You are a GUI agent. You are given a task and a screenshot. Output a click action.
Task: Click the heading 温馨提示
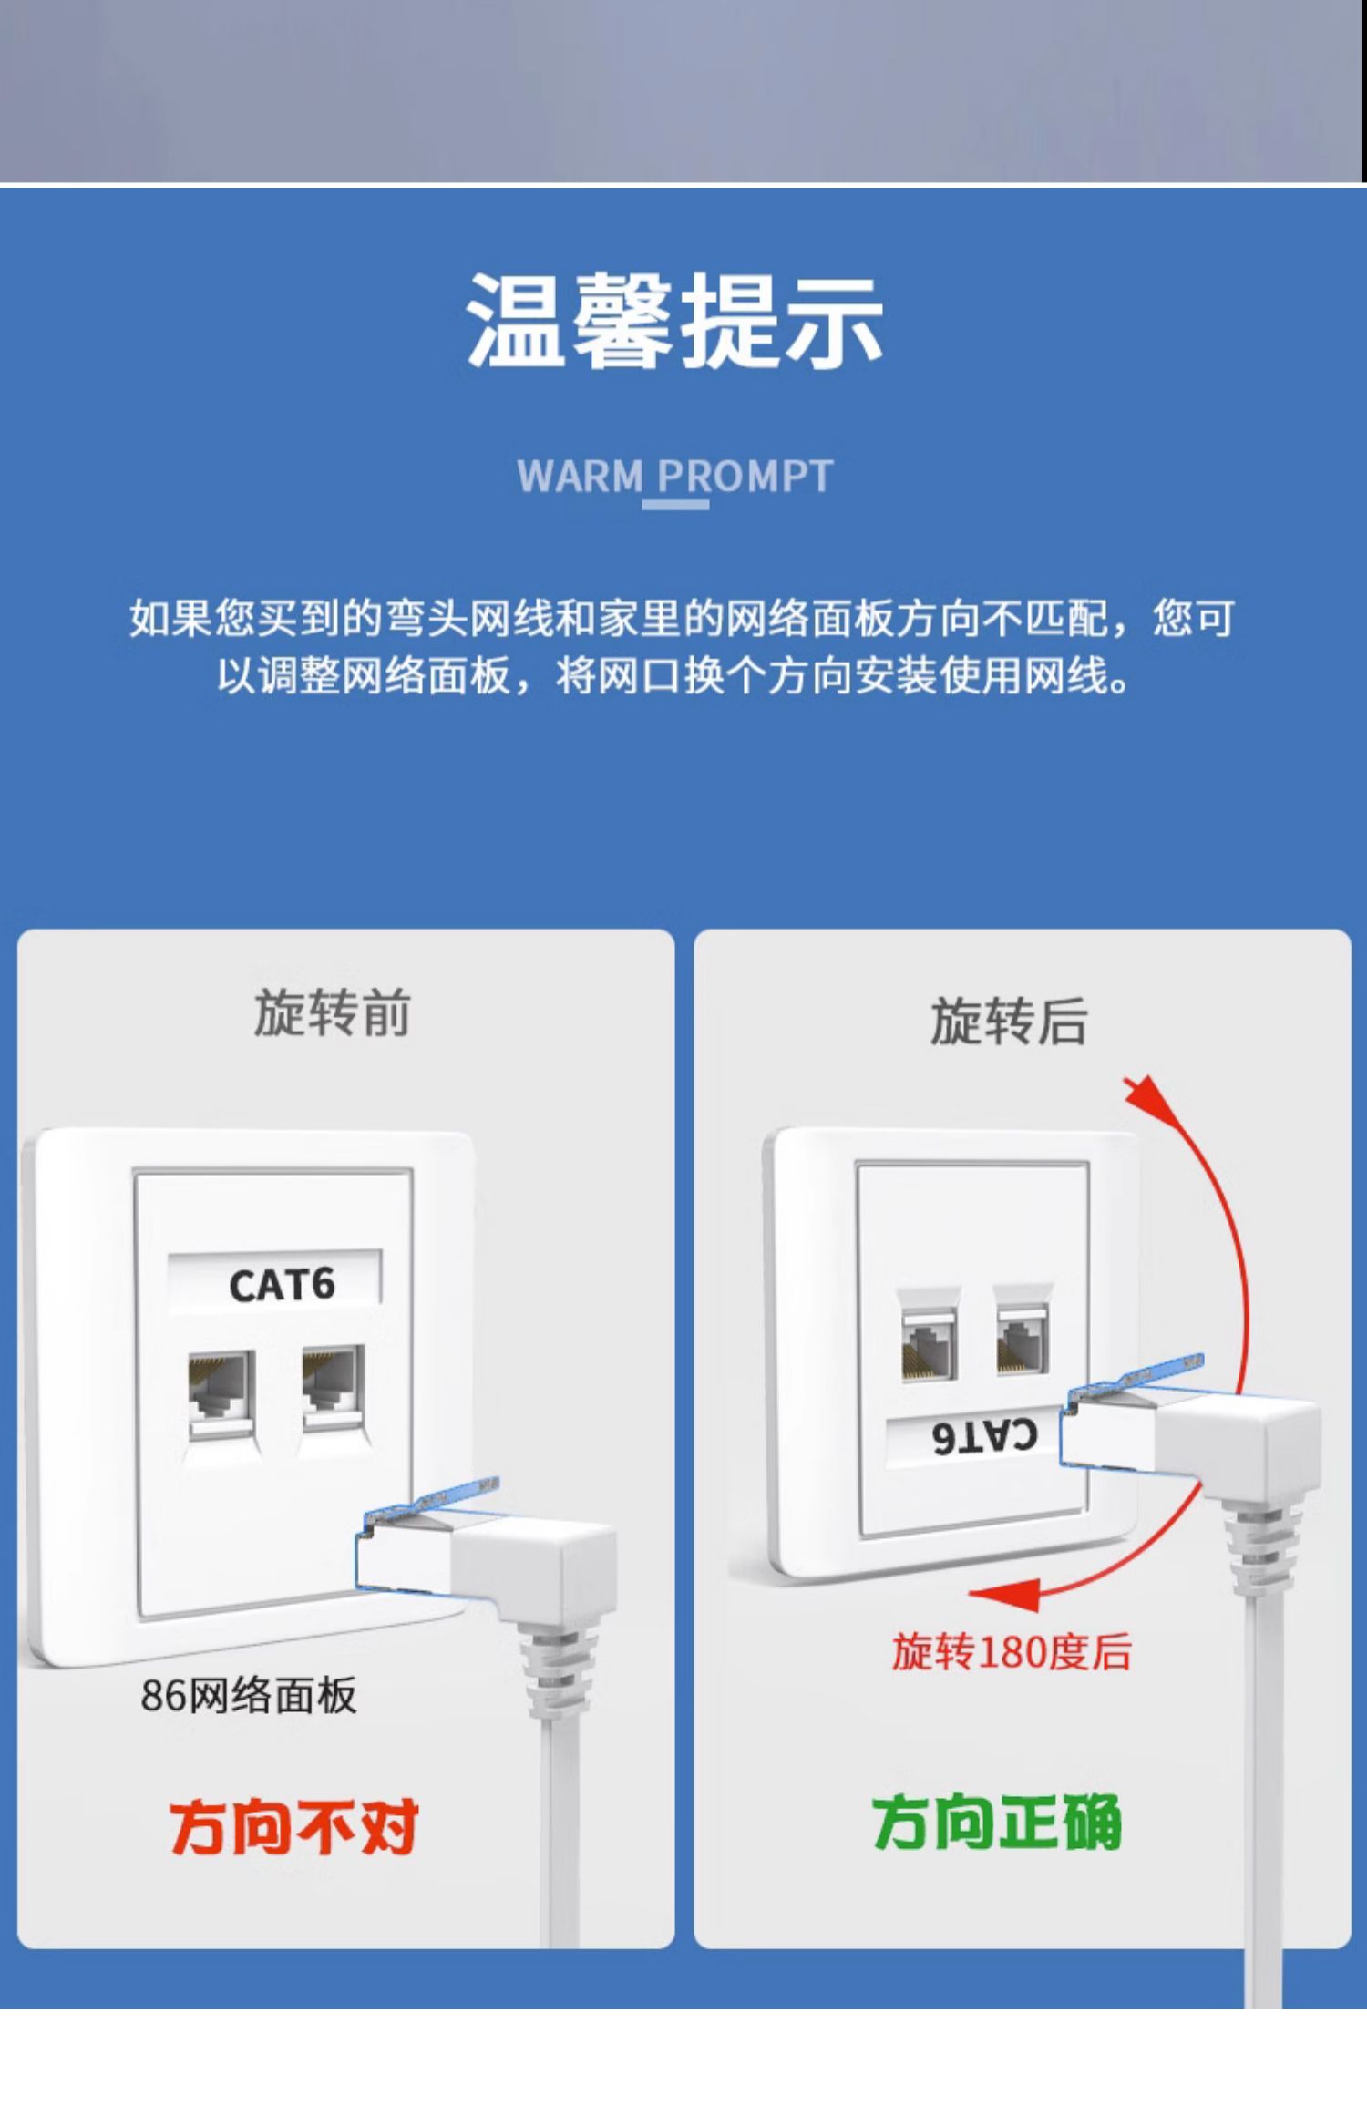point(675,320)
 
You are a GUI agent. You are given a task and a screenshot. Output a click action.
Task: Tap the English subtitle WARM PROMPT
point(675,476)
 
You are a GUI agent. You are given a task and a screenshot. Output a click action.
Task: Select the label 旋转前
point(332,1012)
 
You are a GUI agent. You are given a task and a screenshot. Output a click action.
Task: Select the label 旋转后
point(1009,1021)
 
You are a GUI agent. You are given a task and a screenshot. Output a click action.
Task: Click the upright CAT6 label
point(282,1285)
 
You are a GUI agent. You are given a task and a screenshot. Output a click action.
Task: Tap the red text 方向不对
point(293,1827)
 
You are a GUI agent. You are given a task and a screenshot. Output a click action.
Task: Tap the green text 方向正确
point(997,1823)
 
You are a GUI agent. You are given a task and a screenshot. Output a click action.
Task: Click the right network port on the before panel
point(334,1390)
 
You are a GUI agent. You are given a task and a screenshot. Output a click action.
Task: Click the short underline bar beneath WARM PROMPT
point(675,504)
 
